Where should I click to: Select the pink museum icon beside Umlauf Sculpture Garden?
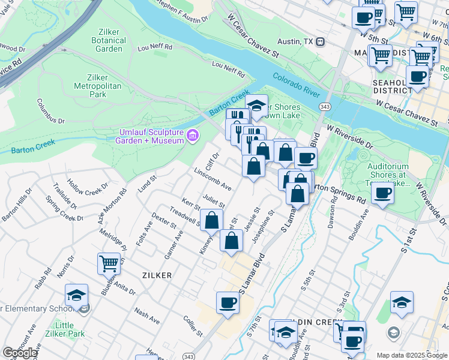[192, 136]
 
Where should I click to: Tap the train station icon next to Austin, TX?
[321, 42]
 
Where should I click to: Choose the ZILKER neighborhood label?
[157, 275]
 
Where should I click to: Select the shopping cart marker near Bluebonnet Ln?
[109, 263]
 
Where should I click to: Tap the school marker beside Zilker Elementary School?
[76, 295]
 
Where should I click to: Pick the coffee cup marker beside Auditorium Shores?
[382, 193]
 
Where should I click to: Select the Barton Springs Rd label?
[340, 193]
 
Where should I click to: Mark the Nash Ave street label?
[147, 314]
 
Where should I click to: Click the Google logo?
[19, 353]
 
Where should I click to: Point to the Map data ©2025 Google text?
[412, 355]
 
